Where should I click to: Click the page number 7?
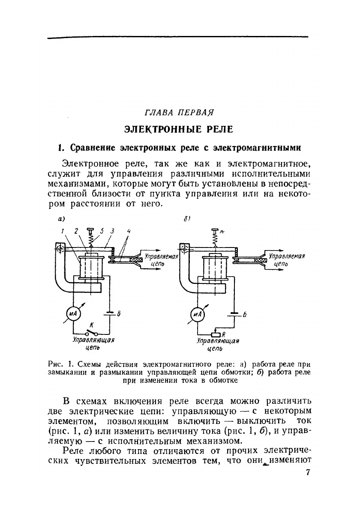[307, 473]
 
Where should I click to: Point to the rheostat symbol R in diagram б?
[216, 334]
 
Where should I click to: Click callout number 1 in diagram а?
[63, 231]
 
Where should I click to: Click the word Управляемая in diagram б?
[286, 256]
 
